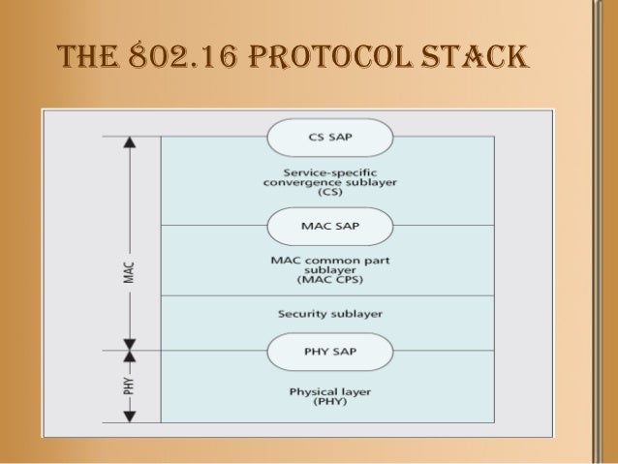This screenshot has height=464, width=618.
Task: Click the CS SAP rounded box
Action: pyautogui.click(x=330, y=138)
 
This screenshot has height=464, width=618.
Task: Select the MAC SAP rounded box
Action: pyautogui.click(x=330, y=226)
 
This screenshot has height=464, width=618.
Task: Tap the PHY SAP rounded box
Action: pyautogui.click(x=330, y=352)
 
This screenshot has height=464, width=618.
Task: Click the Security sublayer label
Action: pyautogui.click(x=330, y=314)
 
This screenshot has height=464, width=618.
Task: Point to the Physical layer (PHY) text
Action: pyautogui.click(x=330, y=397)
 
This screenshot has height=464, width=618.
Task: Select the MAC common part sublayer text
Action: pyautogui.click(x=330, y=268)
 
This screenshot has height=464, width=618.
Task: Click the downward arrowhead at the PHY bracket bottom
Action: pyautogui.click(x=129, y=417)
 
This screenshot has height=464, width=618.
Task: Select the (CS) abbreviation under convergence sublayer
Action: pyautogui.click(x=330, y=193)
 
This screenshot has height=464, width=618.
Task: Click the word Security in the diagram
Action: pyautogui.click(x=302, y=314)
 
